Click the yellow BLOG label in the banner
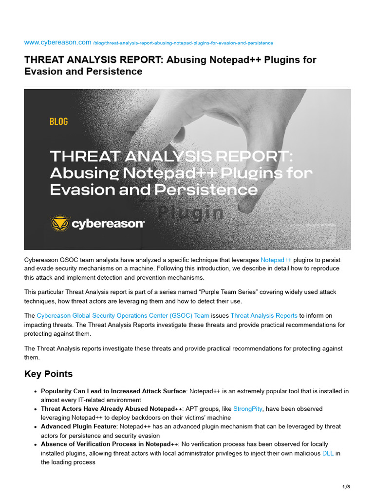click(x=58, y=121)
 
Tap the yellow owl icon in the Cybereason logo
click(x=60, y=224)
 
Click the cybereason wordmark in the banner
click(x=108, y=224)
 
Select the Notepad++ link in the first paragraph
click(x=276, y=260)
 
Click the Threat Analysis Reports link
click(x=263, y=316)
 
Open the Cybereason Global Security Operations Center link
click(x=123, y=316)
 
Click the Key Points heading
click(x=48, y=374)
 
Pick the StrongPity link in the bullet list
click(x=247, y=409)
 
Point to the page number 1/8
click(x=346, y=487)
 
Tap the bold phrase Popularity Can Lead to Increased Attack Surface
click(x=113, y=391)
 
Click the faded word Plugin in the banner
click(x=191, y=212)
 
